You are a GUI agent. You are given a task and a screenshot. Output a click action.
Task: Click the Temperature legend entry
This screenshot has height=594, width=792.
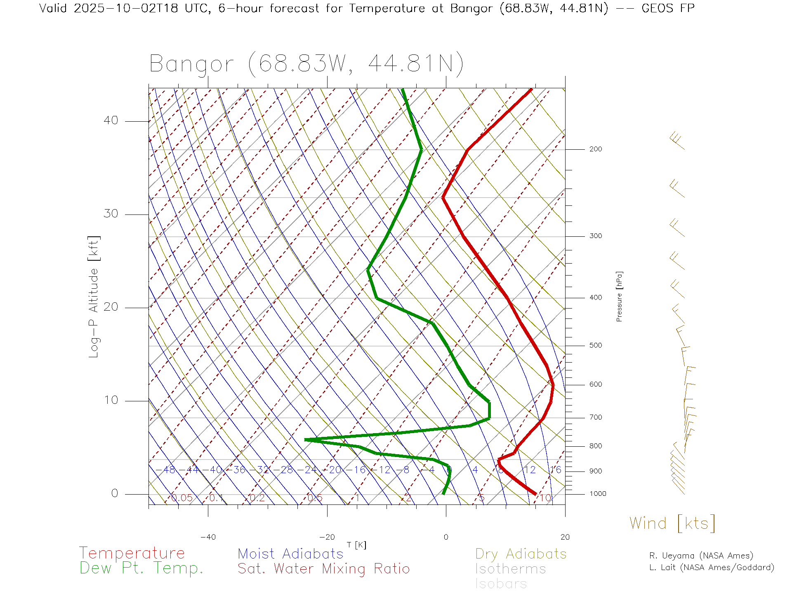point(132,553)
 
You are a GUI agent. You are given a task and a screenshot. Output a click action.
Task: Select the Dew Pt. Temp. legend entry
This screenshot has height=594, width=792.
point(141,568)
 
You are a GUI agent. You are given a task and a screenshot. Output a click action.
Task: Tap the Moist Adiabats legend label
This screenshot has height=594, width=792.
point(290,554)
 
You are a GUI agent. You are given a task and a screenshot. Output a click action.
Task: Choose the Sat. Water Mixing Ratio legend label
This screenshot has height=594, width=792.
point(323,568)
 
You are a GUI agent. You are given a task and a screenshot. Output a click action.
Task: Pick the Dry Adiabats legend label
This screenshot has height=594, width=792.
point(521,554)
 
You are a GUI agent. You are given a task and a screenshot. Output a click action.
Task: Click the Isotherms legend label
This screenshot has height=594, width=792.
point(510,569)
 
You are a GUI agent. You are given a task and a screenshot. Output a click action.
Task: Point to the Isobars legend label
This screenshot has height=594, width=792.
point(501,584)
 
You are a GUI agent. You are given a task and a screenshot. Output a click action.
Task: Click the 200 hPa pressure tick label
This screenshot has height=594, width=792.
point(595,149)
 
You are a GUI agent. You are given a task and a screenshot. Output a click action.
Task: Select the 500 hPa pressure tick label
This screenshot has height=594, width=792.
point(595,346)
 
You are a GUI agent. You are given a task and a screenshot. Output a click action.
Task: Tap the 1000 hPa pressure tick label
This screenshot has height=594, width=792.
point(597,494)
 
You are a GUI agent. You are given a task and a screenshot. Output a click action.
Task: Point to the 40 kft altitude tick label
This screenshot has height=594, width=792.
point(111,120)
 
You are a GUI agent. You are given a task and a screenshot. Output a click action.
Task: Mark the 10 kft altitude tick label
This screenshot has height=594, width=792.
point(111,400)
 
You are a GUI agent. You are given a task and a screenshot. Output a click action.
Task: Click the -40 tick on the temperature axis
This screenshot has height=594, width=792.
point(208,537)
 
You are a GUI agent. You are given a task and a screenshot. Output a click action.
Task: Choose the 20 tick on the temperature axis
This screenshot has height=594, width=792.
point(565,537)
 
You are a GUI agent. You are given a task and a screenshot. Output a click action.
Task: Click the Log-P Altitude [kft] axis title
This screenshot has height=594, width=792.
point(94,297)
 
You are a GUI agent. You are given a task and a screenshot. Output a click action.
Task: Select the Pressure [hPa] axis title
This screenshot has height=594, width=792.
point(619,296)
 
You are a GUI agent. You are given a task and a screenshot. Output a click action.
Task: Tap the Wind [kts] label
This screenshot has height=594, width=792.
point(672,523)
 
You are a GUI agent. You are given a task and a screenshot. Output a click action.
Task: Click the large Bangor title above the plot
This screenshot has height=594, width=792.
point(306,64)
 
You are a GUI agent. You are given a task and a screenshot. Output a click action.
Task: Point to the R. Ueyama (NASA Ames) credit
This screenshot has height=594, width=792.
point(701,556)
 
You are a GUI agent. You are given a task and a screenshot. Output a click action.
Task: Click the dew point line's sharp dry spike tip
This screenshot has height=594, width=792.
point(306,440)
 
